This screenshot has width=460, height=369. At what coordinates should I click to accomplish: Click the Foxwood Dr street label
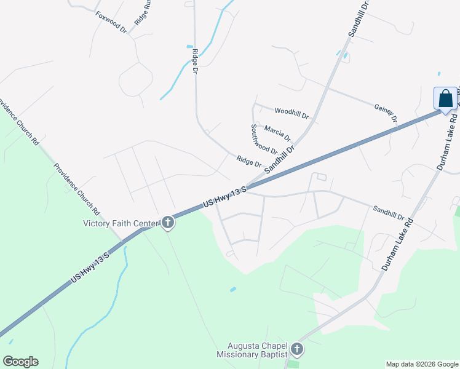click(x=111, y=22)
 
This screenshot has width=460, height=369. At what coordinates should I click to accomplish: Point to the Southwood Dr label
click(x=264, y=139)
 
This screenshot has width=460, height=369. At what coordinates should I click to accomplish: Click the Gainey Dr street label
click(x=386, y=113)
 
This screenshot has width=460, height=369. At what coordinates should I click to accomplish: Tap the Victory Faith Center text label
click(x=121, y=223)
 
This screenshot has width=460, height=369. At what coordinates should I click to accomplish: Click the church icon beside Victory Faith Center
click(x=167, y=223)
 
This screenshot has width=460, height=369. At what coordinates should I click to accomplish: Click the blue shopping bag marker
click(x=445, y=98)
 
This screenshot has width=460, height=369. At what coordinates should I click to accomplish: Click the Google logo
click(x=20, y=362)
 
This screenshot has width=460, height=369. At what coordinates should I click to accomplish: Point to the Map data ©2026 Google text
click(x=422, y=364)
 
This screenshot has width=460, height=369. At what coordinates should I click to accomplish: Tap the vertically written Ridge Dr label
click(x=195, y=61)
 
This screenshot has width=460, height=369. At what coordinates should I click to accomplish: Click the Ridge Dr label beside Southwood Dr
click(x=249, y=162)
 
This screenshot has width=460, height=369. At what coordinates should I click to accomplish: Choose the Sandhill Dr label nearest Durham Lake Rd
click(x=388, y=213)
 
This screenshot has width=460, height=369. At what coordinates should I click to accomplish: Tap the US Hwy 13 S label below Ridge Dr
click(x=224, y=196)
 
